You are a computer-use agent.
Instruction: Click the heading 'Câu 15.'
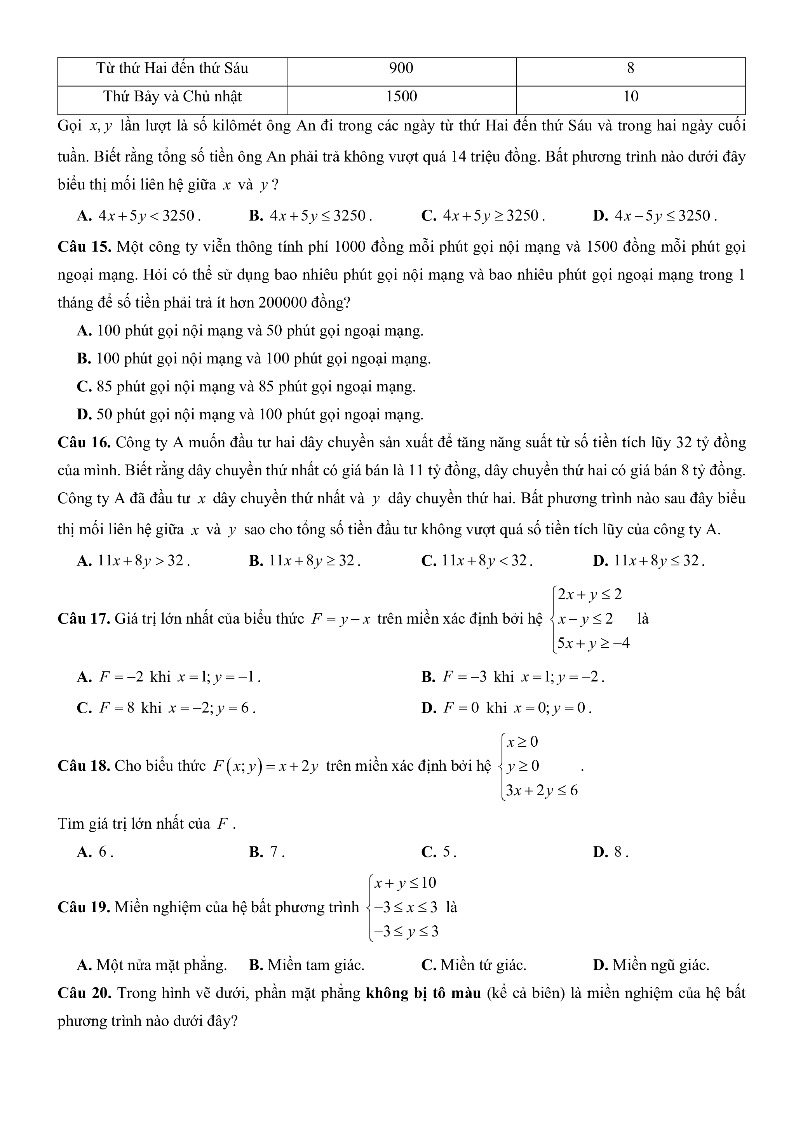(x=84, y=247)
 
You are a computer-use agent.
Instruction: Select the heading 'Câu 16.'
(x=84, y=442)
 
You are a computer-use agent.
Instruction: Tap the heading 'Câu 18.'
(x=84, y=766)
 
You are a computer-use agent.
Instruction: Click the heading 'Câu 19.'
(x=84, y=907)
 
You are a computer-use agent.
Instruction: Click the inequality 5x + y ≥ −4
(x=593, y=643)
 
